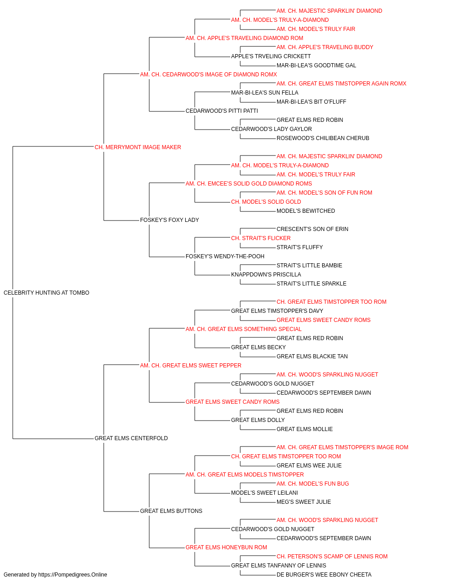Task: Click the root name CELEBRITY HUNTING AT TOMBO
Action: coord(46,293)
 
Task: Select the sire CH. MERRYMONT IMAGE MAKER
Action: coord(138,147)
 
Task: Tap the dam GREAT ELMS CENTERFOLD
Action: coord(131,438)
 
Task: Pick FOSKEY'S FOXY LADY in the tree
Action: coord(169,220)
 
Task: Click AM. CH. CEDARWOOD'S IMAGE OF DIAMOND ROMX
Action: coord(208,75)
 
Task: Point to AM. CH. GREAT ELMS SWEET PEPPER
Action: coord(191,365)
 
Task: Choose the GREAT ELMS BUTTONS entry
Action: coord(171,511)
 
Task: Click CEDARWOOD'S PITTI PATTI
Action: coord(222,111)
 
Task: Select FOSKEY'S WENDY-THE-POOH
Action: coord(225,256)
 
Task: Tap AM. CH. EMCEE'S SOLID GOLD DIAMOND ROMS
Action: coord(249,184)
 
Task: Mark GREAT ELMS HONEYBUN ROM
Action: coord(226,547)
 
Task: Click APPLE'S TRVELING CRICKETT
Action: coord(271,56)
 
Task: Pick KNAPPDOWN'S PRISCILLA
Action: coord(266,275)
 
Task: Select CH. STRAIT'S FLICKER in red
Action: coord(261,238)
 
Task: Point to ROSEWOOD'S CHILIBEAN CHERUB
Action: coord(323,138)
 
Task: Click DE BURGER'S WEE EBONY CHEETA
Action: coord(324,575)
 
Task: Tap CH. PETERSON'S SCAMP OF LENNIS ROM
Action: coord(332,557)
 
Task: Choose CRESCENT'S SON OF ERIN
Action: coord(312,229)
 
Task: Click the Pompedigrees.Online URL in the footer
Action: coord(72,575)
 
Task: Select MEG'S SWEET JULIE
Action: coord(303,502)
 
